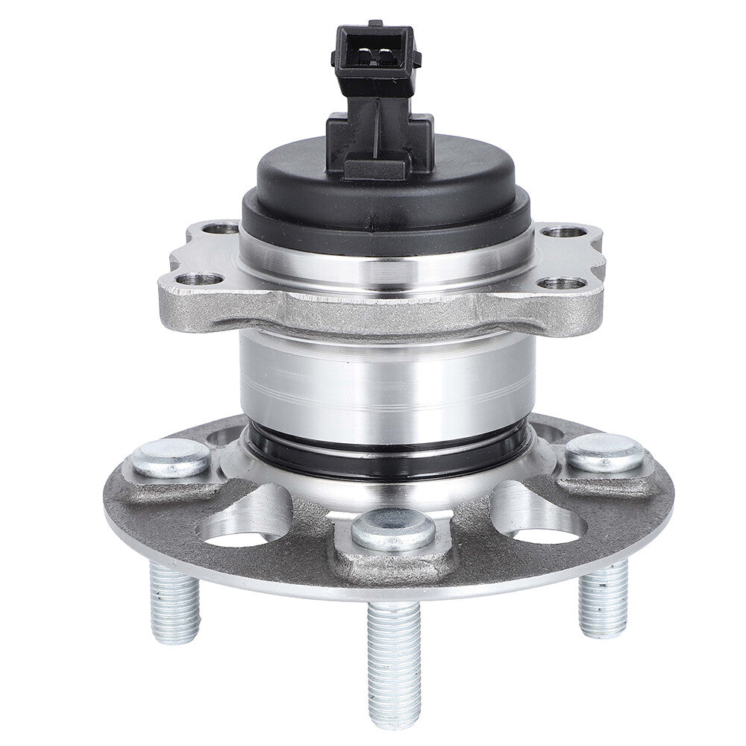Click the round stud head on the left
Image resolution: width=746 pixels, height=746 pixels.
click(x=171, y=457)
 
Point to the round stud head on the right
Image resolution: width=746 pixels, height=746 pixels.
click(x=604, y=452)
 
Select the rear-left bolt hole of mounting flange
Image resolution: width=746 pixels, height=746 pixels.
click(x=220, y=229)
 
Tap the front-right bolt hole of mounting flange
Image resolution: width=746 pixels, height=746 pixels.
click(x=561, y=283)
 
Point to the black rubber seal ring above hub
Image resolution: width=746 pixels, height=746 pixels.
click(x=388, y=448)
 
